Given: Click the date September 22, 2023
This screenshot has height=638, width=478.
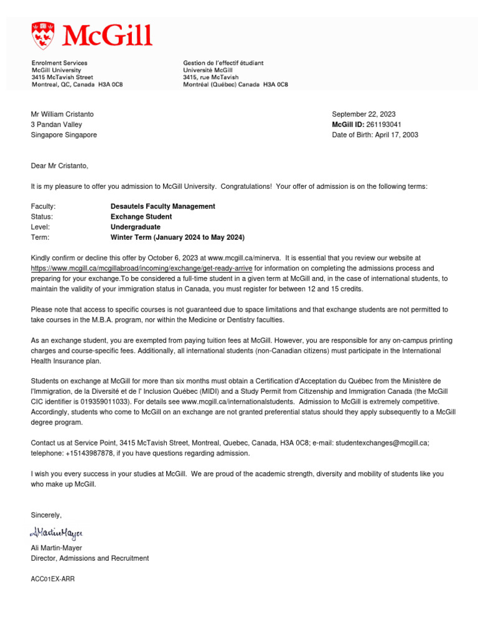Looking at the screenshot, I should click(x=363, y=114).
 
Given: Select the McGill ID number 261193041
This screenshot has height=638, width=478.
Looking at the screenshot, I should click(x=383, y=125).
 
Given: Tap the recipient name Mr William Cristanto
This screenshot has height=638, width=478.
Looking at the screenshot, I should click(x=62, y=114).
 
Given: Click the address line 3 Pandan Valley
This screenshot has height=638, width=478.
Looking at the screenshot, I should click(x=57, y=125).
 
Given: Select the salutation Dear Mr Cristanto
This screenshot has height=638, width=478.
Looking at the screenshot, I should click(x=60, y=166).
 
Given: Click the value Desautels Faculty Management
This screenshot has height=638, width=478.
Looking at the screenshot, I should click(x=162, y=206).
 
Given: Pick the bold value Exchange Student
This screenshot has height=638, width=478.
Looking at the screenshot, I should click(x=141, y=217).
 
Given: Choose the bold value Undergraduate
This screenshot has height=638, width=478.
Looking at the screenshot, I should click(x=135, y=227).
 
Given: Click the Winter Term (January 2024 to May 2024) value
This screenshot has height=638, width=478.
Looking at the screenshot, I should click(x=177, y=237).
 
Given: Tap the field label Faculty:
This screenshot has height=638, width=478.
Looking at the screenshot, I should click(x=43, y=206).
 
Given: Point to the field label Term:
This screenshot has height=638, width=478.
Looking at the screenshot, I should click(x=40, y=237).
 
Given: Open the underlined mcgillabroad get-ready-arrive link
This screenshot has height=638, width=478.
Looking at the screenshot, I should click(x=141, y=268).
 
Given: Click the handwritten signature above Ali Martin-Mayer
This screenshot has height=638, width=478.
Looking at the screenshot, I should click(x=55, y=533).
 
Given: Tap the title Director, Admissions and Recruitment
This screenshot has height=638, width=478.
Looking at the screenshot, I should click(x=90, y=558).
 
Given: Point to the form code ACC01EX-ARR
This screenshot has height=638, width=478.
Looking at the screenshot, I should click(x=53, y=579).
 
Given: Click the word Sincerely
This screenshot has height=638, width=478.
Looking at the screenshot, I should click(x=46, y=515).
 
